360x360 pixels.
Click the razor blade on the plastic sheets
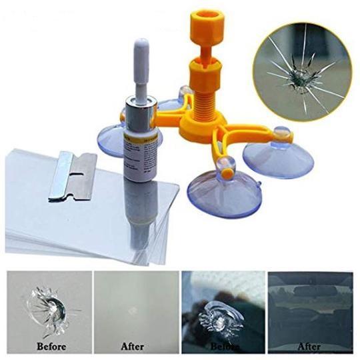tap(73, 176)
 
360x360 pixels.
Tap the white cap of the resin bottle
tap(141, 71)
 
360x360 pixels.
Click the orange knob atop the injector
tap(207, 25)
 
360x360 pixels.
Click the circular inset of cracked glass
tap(302, 71)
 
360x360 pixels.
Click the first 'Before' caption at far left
tap(51, 346)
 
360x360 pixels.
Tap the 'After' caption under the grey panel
tap(133, 346)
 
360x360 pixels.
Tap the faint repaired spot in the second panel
tap(133, 311)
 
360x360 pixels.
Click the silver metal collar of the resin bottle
tap(141, 105)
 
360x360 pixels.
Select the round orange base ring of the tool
tap(202, 127)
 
